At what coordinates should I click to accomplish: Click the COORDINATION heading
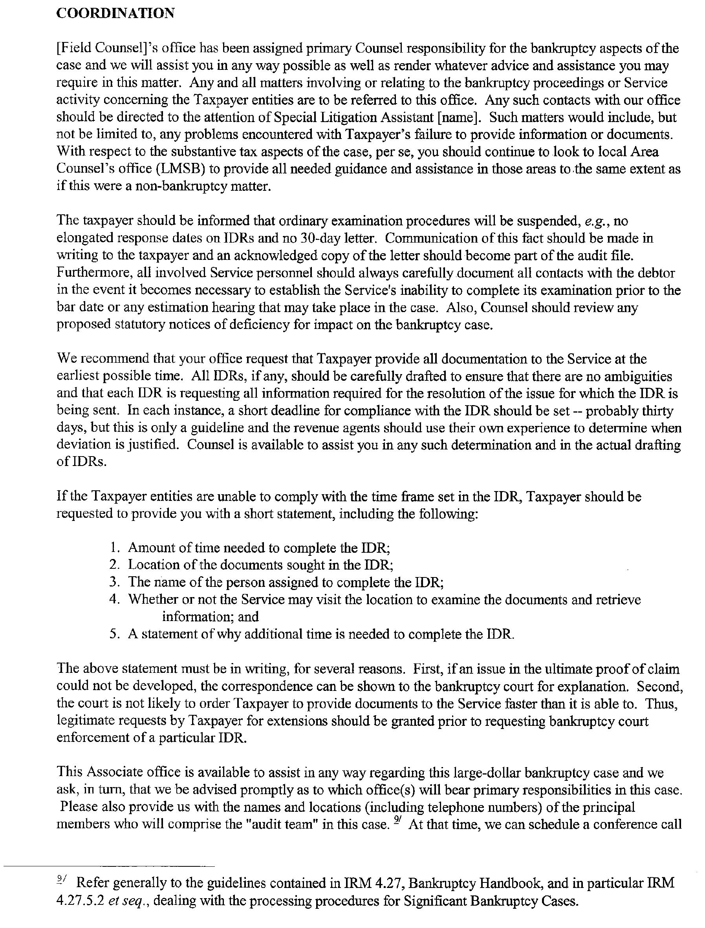pyautogui.click(x=115, y=13)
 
